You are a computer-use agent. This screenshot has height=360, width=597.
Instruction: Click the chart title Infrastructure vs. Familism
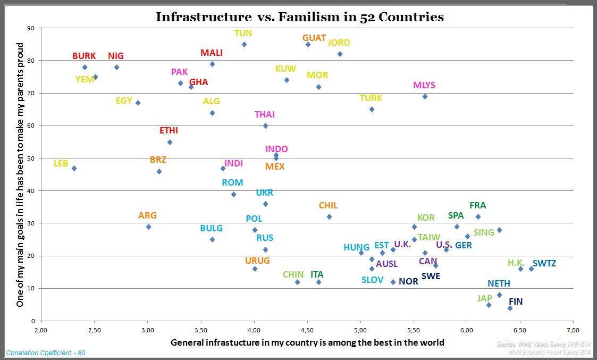coord(299,17)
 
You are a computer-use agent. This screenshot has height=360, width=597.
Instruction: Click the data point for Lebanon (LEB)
coord(74,168)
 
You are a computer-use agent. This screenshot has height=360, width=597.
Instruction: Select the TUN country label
coord(243,33)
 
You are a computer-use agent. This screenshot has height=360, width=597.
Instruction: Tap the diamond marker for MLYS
coord(425,96)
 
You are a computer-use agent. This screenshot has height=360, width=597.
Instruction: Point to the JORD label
coord(339,43)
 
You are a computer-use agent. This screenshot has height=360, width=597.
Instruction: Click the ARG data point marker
coord(148,227)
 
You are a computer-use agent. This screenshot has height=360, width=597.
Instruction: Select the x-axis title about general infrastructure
coord(307,342)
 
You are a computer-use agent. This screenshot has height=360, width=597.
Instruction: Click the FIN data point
coord(510,308)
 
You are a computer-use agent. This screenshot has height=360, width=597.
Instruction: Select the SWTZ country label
coord(544,263)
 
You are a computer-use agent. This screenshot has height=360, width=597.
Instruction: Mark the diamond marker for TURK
coord(372,109)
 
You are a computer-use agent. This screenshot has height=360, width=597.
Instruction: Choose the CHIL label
coord(328,206)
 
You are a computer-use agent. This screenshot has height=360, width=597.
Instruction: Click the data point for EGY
coord(138,103)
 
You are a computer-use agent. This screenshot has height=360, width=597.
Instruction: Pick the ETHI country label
coord(169,131)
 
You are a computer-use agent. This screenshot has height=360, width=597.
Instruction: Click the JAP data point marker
coord(489,305)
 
